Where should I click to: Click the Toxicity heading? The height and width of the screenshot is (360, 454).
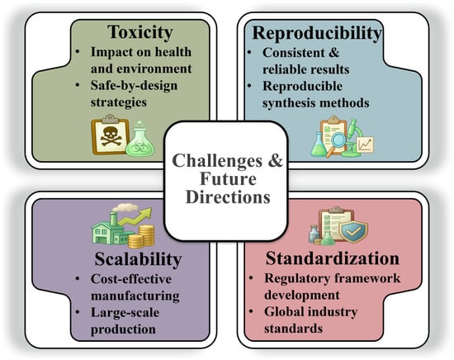[140, 32]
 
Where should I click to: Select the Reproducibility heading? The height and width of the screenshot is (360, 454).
[317, 33]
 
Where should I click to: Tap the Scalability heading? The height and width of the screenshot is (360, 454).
[138, 259]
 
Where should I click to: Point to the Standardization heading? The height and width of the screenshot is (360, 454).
[333, 258]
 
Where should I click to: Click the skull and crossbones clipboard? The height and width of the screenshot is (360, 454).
[110, 135]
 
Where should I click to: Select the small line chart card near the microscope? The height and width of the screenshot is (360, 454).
[365, 144]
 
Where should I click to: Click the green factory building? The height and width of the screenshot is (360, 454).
[110, 229]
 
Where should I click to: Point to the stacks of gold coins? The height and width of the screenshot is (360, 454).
[141, 236]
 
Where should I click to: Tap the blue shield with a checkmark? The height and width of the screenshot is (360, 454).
[353, 231]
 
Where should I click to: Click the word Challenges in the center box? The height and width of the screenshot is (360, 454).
[217, 160]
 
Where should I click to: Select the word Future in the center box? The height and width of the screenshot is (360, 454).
[228, 178]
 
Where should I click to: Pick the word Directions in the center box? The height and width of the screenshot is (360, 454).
[228, 197]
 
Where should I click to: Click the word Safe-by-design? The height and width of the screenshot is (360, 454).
[134, 86]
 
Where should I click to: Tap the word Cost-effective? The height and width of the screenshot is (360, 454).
[131, 279]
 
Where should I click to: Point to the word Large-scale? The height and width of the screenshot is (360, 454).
[125, 313]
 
